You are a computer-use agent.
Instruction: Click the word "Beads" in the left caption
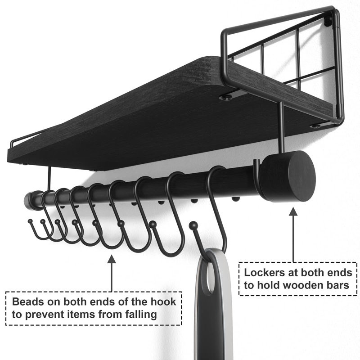[x=28, y=301]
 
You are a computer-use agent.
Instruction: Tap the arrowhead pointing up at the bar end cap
[x=293, y=211]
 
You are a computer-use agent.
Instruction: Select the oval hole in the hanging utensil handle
[x=210, y=278]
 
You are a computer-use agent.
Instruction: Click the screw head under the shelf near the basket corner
[x=225, y=98]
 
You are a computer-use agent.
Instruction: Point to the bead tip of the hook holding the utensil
[x=193, y=225]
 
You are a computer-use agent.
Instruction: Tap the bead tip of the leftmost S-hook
[x=30, y=221]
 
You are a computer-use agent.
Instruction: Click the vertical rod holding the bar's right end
[x=282, y=127]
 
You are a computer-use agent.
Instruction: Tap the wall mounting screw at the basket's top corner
[x=328, y=21]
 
